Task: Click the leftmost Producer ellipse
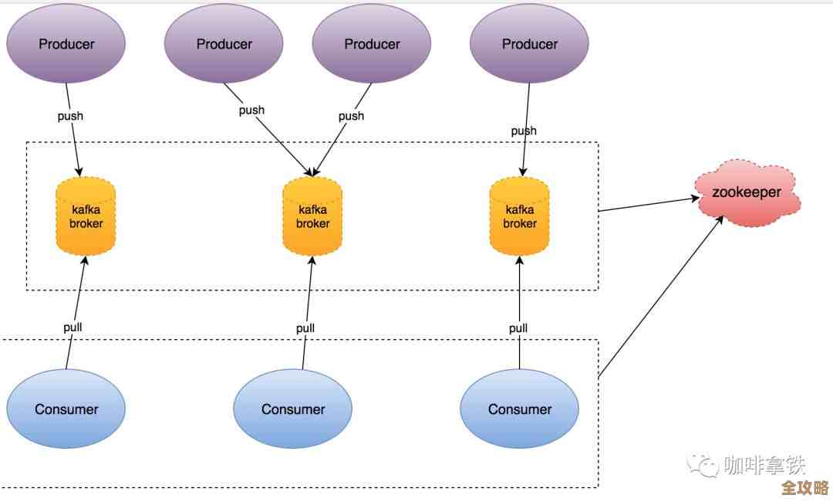[66, 44]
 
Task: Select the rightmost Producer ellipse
[529, 44]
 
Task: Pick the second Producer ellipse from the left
[224, 44]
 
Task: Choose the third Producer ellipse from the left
[372, 44]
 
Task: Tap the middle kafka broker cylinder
[312, 216]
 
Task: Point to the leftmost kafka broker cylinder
[86, 216]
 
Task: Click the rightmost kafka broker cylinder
[519, 216]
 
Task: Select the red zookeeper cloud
[747, 193]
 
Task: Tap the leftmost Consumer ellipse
[66, 409]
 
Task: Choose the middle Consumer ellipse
[293, 409]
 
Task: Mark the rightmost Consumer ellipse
[519, 409]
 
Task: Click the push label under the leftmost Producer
[70, 116]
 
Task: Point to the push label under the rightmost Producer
[524, 131]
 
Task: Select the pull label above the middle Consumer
[305, 327]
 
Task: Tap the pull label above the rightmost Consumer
[518, 327]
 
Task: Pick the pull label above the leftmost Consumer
[73, 327]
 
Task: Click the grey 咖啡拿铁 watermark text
[764, 465]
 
